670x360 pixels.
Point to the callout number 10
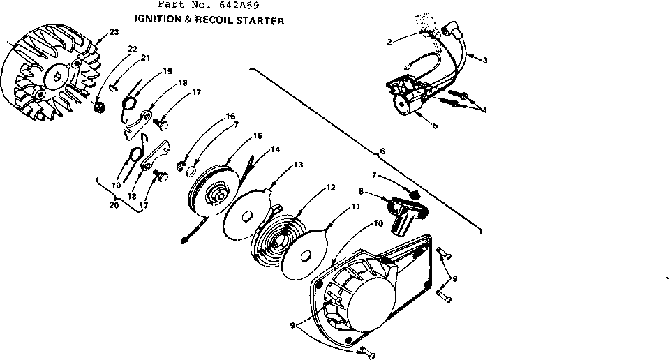378,224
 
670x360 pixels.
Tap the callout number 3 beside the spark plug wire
484,60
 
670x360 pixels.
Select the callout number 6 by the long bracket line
381,151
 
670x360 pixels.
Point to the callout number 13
298,165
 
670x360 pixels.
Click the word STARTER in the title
262,21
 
